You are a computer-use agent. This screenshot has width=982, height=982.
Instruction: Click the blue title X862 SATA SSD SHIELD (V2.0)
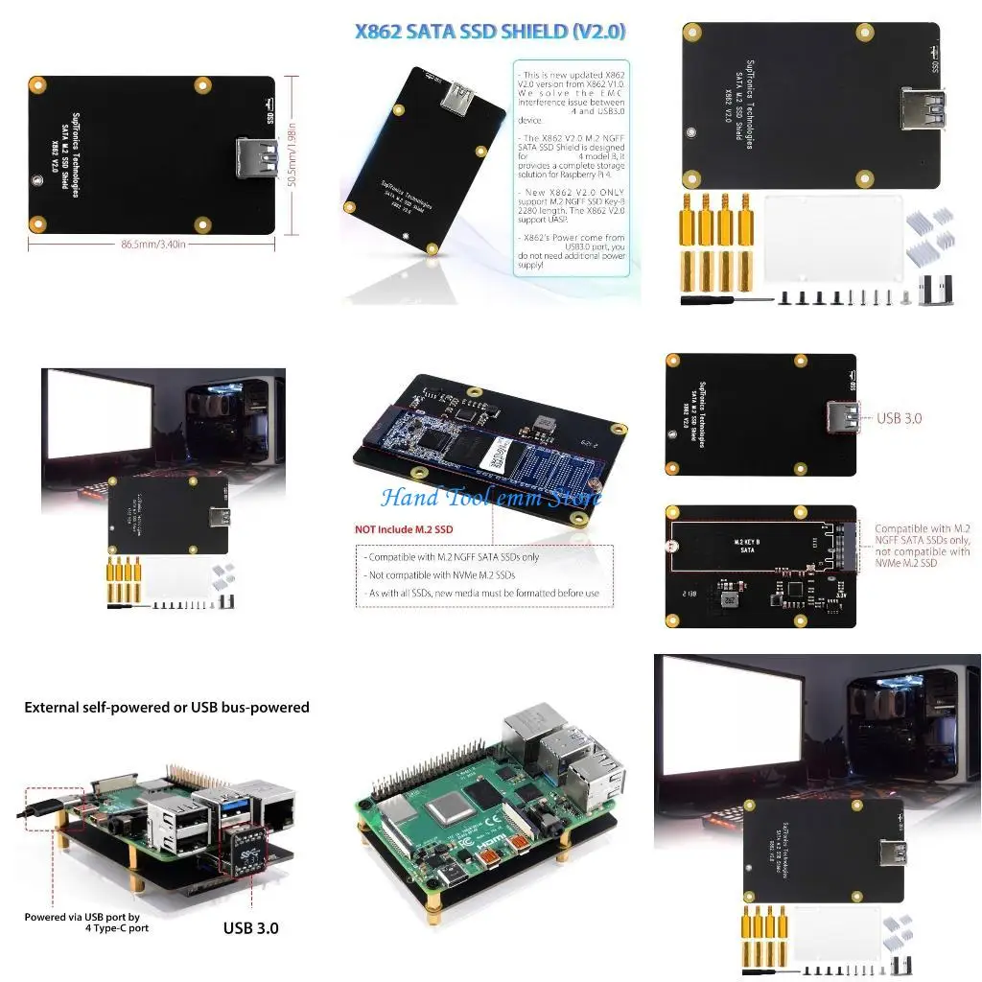(x=490, y=32)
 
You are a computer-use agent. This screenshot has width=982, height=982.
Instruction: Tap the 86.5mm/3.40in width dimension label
(x=153, y=245)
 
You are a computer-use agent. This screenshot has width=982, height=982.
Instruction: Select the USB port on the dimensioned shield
(x=255, y=158)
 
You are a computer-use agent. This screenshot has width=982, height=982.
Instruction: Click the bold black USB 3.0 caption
(x=251, y=927)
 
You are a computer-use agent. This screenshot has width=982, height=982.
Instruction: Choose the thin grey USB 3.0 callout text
(x=899, y=418)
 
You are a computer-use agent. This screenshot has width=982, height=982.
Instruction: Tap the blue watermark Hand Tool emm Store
(x=490, y=498)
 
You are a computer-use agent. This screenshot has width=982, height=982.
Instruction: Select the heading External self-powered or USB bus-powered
(x=167, y=708)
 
